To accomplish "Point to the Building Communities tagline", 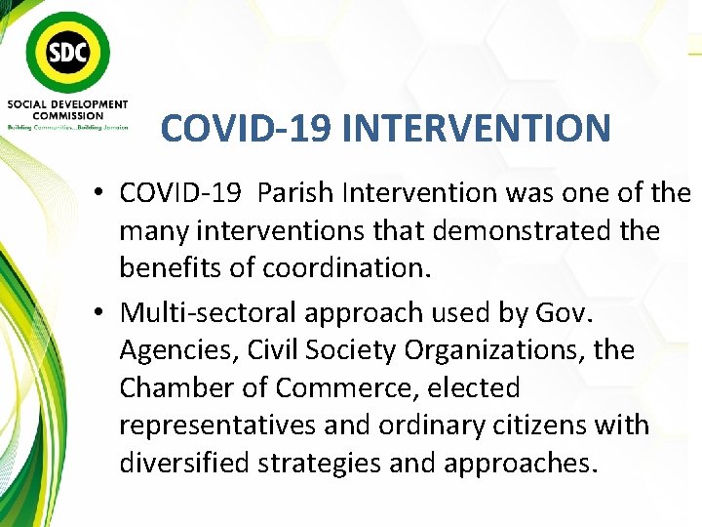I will tap(67, 127).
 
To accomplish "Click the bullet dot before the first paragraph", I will tap(100, 194).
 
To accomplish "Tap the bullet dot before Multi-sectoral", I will tap(100, 313).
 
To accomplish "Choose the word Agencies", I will tap(177, 349).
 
